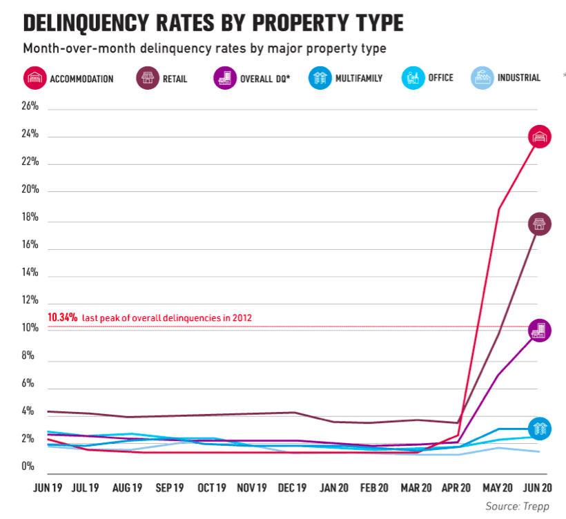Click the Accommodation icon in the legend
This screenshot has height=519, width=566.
[x=35, y=78]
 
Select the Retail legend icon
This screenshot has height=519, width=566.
[x=148, y=78]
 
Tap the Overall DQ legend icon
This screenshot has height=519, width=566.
[x=225, y=78]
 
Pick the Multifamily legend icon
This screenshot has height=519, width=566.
[x=320, y=78]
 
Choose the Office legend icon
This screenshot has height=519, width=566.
[x=413, y=78]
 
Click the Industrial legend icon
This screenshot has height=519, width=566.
[x=482, y=78]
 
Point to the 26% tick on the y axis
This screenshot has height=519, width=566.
[x=30, y=106]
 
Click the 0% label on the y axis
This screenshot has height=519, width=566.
[x=28, y=467]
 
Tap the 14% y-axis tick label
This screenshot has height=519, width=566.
[x=30, y=273]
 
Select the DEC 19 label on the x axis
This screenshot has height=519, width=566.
[x=292, y=488]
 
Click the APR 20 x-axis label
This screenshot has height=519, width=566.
[x=456, y=488]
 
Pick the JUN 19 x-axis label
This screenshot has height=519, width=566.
[x=48, y=488]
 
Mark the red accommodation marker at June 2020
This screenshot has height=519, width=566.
[x=540, y=137]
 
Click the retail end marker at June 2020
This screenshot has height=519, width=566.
[x=540, y=224]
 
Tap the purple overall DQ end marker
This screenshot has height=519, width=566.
[x=540, y=330]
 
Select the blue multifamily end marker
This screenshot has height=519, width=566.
[x=540, y=429]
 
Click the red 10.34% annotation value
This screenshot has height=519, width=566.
[x=62, y=317]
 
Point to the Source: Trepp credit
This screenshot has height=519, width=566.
[x=517, y=507]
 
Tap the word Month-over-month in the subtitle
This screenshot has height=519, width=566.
[x=79, y=48]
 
